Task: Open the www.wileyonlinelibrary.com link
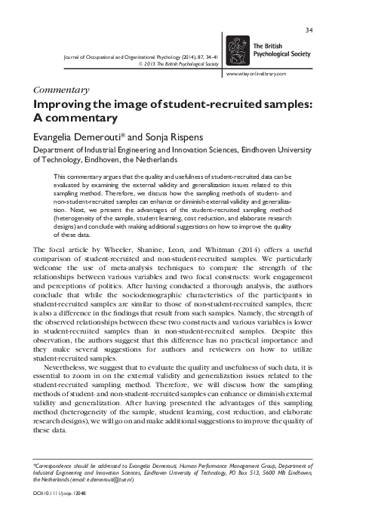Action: [258, 73]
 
